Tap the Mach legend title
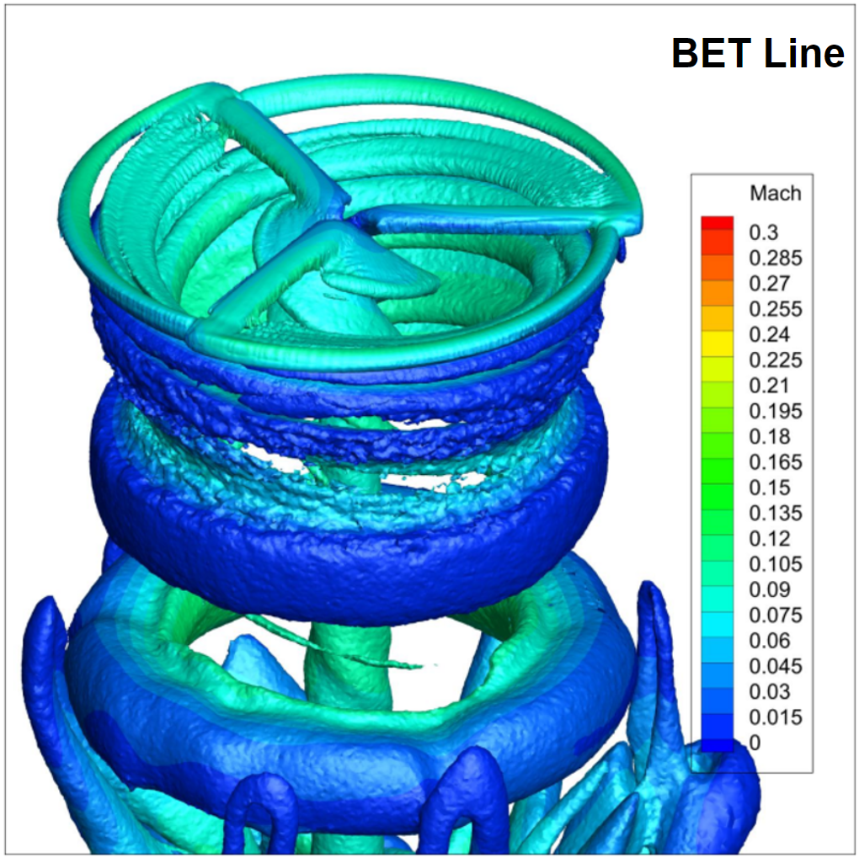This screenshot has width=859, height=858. pos(775,193)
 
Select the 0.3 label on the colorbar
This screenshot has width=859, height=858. pos(763,232)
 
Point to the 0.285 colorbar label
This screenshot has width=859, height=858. pos(775,258)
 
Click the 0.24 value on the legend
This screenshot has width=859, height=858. pos(769,334)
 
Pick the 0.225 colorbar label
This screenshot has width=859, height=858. pos(775,360)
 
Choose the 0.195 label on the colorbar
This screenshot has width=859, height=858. pos(775,411)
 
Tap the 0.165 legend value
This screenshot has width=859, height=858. pos(775,462)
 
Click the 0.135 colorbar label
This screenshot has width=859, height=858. pos(775,513)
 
